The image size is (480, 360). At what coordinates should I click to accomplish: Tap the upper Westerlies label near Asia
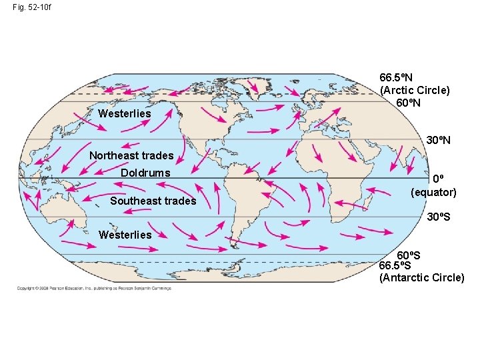[125, 113]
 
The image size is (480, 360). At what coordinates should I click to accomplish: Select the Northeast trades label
[131, 155]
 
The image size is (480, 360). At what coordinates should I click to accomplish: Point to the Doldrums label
[145, 173]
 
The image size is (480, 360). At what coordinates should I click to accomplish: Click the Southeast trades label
[153, 201]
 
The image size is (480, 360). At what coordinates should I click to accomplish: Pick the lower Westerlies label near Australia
[125, 235]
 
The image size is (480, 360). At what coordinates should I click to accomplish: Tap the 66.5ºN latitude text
[396, 77]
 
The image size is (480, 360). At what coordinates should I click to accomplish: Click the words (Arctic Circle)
[415, 90]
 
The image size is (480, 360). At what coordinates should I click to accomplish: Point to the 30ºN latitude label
[439, 141]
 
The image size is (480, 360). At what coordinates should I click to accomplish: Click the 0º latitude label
[438, 179]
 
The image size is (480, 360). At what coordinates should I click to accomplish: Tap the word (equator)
[434, 192]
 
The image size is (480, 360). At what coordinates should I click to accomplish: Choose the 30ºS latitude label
[439, 217]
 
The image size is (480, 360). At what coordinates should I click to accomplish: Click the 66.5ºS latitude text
[395, 266]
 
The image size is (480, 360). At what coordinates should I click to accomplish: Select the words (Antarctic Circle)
[422, 277]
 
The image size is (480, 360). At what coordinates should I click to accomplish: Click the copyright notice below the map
[94, 289]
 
